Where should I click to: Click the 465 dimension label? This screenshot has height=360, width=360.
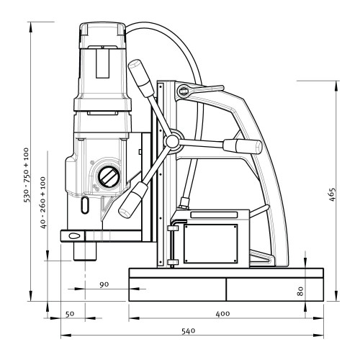[x=332, y=194]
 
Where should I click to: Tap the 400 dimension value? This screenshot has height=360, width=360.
[x=222, y=314]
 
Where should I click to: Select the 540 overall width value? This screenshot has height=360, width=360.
[x=188, y=331]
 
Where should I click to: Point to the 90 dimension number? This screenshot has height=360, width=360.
[x=104, y=284]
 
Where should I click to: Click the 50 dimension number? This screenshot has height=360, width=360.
[x=70, y=314]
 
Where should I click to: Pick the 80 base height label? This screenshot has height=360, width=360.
[x=300, y=291]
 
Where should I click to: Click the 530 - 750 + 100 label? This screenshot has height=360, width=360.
[x=26, y=175]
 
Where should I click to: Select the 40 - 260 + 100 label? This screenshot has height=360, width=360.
[x=43, y=202]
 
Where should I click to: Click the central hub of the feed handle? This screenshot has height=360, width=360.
[x=172, y=140]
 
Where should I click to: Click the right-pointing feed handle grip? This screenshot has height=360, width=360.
[x=243, y=145]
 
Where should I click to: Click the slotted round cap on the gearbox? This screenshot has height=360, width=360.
[x=108, y=177]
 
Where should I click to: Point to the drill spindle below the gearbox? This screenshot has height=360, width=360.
[x=85, y=251]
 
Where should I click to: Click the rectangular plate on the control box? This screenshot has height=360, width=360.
[x=210, y=244]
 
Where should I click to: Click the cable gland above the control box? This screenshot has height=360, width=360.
[x=184, y=202]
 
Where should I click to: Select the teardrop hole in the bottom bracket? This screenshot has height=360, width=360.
[x=73, y=236]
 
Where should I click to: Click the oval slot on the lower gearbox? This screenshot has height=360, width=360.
[x=84, y=205]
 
